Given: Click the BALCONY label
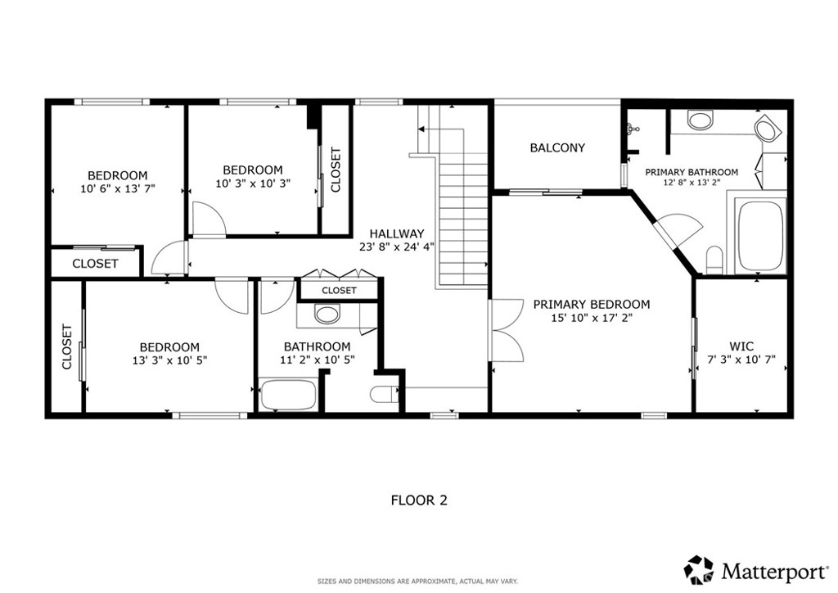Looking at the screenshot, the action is pyautogui.click(x=557, y=147).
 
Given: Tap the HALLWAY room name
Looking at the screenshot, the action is pyautogui.click(x=397, y=233).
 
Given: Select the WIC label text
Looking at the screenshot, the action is pyautogui.click(x=741, y=346).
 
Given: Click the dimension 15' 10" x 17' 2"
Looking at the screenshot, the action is pyautogui.click(x=592, y=318).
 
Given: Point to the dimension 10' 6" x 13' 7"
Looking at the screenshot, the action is pyautogui.click(x=118, y=188).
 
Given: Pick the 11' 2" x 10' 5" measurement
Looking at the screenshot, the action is pyautogui.click(x=318, y=360).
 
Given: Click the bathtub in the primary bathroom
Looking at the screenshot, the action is pyautogui.click(x=761, y=236).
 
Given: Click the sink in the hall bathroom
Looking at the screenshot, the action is pyautogui.click(x=327, y=314).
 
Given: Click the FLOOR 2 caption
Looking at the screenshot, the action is pyautogui.click(x=419, y=500).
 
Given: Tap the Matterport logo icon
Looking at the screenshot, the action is pyautogui.click(x=699, y=569).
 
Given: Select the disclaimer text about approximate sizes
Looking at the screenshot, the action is pyautogui.click(x=418, y=582).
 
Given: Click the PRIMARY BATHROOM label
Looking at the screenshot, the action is pyautogui.click(x=692, y=172).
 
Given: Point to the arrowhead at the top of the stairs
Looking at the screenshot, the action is pyautogui.click(x=421, y=129).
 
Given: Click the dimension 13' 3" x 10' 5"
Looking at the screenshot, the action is pyautogui.click(x=169, y=360).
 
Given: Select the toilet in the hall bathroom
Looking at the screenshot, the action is pyautogui.click(x=385, y=394).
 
